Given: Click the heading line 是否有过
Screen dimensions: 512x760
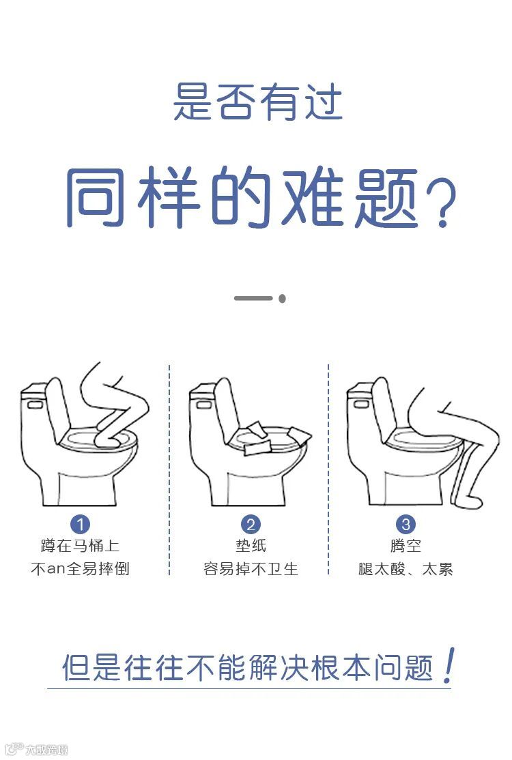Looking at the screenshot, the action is [x=257, y=102].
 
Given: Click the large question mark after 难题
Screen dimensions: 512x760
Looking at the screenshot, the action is [x=441, y=203].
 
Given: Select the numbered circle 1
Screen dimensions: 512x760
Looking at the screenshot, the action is [x=80, y=524].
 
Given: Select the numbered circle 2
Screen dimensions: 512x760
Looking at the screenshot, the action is [x=251, y=524].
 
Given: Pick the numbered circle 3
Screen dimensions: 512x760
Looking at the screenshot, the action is [x=406, y=524].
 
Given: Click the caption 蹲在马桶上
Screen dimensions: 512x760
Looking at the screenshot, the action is [x=80, y=546].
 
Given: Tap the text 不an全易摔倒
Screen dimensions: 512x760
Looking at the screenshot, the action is [x=80, y=568].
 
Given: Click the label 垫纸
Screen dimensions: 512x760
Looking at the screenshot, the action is [x=251, y=546].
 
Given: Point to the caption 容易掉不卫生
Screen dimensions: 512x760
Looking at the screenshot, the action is [x=251, y=568].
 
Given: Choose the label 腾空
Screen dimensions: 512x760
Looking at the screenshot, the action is [x=406, y=546].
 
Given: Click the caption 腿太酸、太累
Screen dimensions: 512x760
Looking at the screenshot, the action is [x=406, y=568].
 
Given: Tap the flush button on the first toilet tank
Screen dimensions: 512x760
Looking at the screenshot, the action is [x=34, y=404].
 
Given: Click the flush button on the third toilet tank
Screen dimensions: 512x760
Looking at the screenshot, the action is [x=360, y=404].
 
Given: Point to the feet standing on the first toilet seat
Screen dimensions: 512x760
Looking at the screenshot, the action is [x=110, y=436].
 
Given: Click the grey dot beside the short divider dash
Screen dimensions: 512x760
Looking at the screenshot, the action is [x=282, y=298].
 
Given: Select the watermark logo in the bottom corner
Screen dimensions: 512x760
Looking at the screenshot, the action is [x=35, y=749].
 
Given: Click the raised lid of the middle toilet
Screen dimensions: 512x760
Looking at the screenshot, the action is [x=228, y=407].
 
